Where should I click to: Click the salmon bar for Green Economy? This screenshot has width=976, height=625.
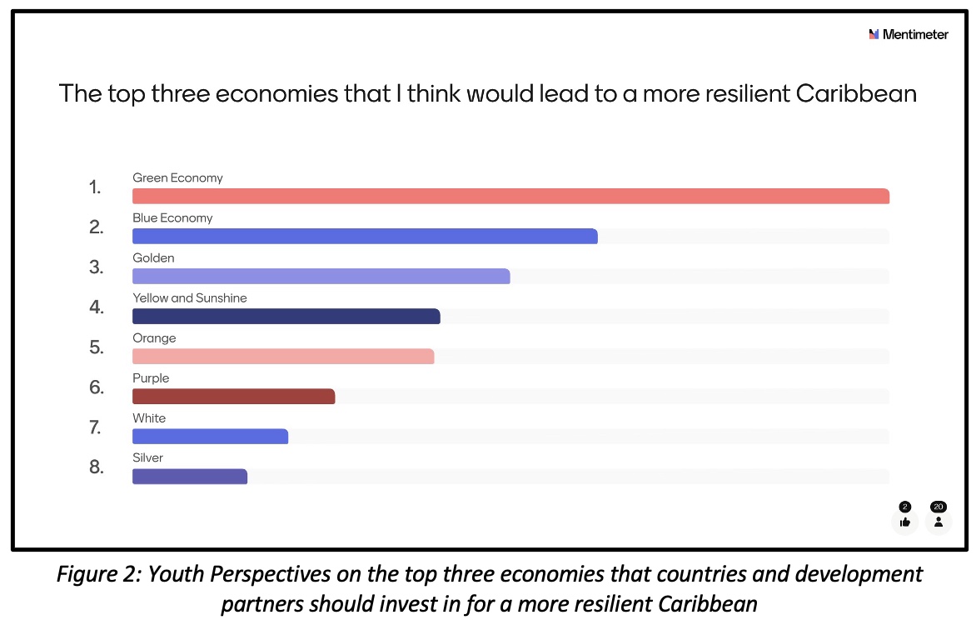click(x=510, y=197)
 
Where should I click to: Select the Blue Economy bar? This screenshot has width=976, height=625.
click(x=365, y=237)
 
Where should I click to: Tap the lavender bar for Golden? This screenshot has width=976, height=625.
click(x=321, y=277)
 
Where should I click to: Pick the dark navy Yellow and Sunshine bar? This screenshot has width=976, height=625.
click(x=286, y=317)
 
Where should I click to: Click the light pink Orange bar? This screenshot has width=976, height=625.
click(x=283, y=357)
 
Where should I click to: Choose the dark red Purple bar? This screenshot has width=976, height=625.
click(x=233, y=397)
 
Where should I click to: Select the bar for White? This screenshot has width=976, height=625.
click(x=210, y=436)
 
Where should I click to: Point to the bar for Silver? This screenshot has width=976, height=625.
click(x=190, y=477)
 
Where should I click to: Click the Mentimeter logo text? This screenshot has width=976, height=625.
click(x=915, y=35)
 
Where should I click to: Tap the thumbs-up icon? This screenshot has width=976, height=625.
click(x=905, y=522)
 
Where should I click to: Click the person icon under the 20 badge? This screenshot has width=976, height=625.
click(x=939, y=522)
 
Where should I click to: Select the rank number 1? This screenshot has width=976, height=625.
click(x=95, y=187)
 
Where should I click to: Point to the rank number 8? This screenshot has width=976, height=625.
click(x=97, y=467)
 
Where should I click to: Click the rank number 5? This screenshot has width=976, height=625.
click(x=97, y=347)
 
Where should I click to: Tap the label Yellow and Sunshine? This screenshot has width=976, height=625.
click(x=190, y=298)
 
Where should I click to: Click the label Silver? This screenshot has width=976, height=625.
click(x=148, y=457)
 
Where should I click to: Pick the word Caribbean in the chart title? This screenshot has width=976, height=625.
click(x=856, y=93)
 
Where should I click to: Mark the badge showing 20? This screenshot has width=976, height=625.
click(x=939, y=507)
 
